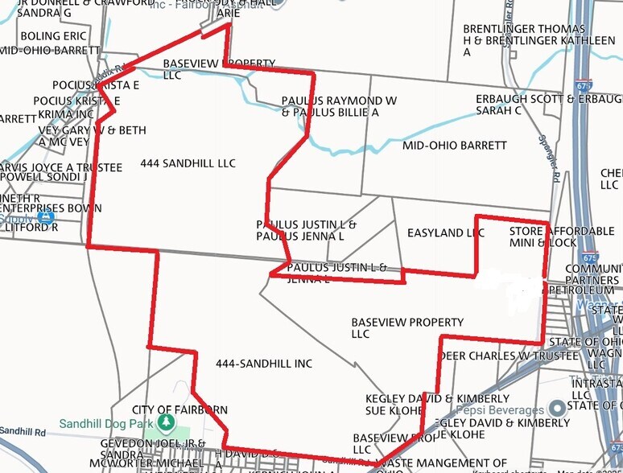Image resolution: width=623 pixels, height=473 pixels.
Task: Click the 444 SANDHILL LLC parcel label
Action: click(x=188, y=163)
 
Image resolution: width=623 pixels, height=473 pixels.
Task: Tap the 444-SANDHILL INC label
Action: click(x=263, y=364)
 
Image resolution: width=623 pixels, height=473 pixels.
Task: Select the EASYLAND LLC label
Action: click(x=445, y=232)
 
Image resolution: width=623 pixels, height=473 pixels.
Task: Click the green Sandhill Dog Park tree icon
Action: click(x=166, y=422)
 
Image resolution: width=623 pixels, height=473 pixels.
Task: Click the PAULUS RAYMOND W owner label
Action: click(x=339, y=101)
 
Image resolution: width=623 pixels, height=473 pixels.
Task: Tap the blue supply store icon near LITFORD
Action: click(x=46, y=216)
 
